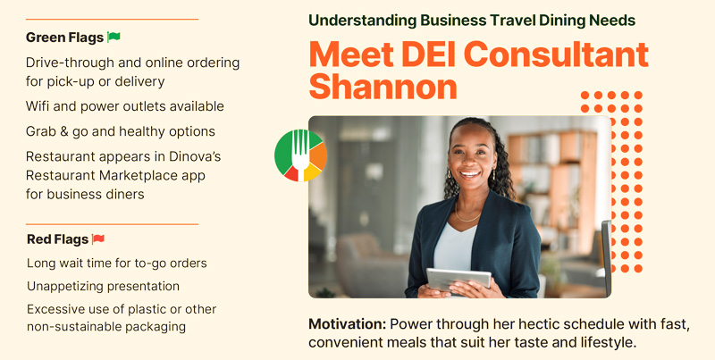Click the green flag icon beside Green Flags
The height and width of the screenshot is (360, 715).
click(114, 37)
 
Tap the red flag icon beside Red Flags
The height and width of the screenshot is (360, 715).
click(98, 239)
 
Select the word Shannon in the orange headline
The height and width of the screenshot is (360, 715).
click(383, 87)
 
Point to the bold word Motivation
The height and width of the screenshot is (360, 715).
click(347, 324)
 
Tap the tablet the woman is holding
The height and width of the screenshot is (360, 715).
click(458, 279)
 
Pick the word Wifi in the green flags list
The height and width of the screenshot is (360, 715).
click(37, 106)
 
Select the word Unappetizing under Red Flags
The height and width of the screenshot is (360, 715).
click(64, 287)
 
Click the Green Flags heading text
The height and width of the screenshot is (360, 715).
click(64, 38)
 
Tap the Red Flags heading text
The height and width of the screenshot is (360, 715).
click(57, 239)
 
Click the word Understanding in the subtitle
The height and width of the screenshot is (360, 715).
click(363, 21)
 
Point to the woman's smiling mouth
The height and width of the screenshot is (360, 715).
click(470, 173)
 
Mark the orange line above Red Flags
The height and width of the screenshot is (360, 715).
click(113, 224)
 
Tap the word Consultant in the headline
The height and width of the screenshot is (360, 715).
click(556, 54)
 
